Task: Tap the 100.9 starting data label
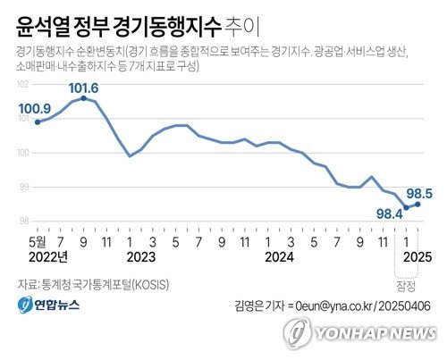[x=35, y=110]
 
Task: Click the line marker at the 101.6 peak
[x=83, y=98]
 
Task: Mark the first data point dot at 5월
[x=37, y=121]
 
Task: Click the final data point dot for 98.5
[x=418, y=204]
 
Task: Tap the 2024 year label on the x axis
[x=279, y=256]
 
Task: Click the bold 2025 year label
[x=417, y=256]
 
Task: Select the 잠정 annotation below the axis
[x=406, y=286]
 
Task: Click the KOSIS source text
[x=149, y=284]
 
